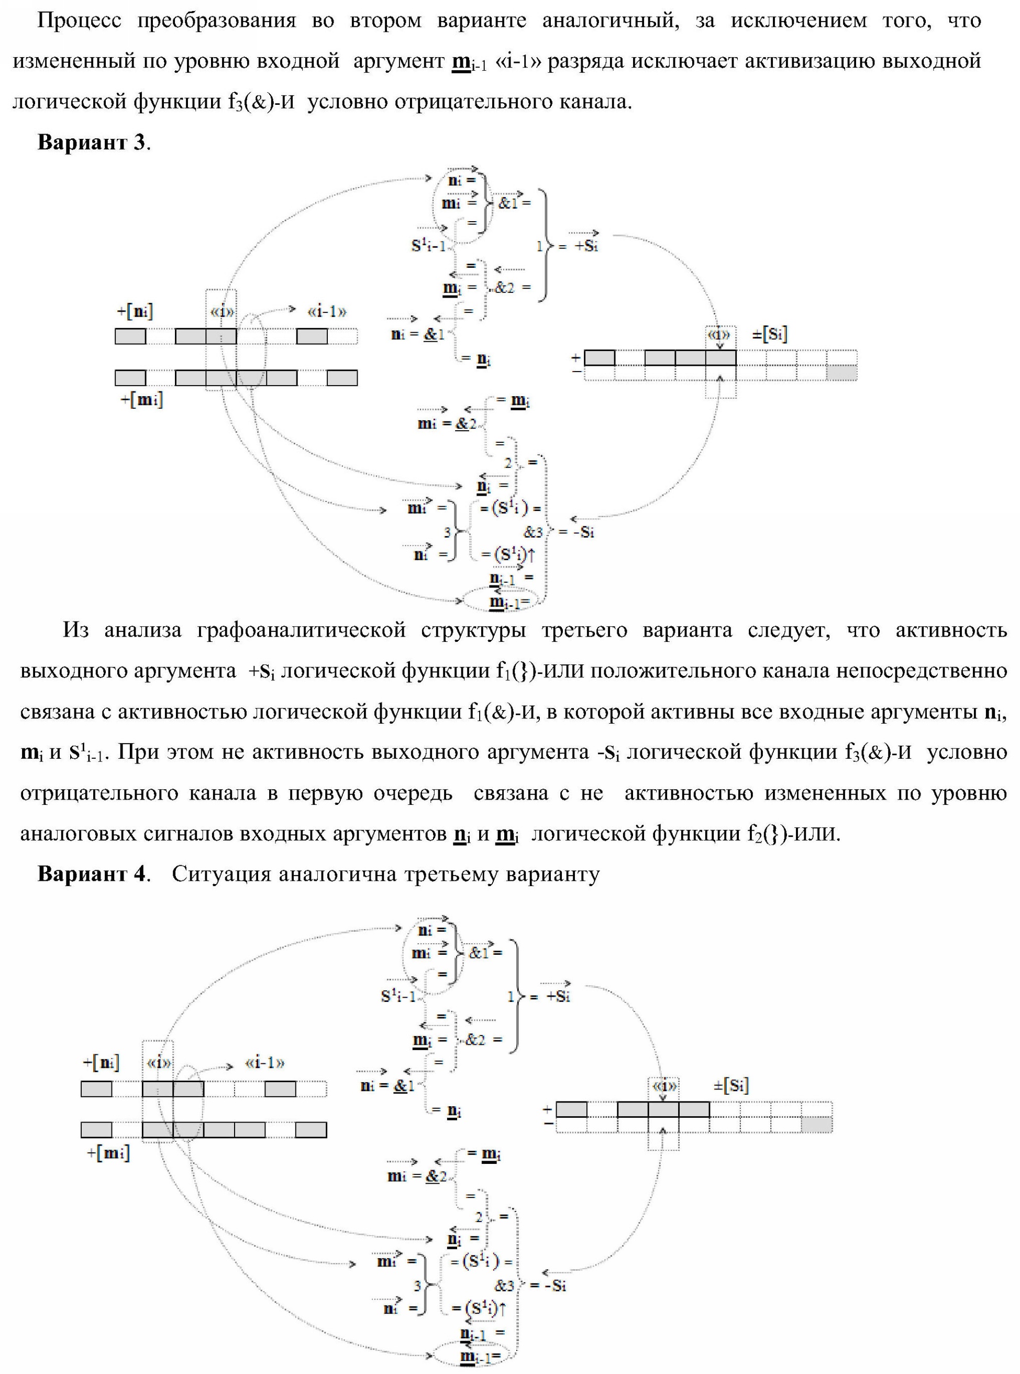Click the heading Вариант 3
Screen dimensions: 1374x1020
click(93, 142)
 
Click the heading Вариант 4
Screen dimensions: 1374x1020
click(93, 874)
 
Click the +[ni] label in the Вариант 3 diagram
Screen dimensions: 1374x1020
click(135, 311)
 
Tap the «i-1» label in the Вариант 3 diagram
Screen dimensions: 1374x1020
click(327, 311)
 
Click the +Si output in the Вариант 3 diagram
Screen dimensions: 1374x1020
click(586, 245)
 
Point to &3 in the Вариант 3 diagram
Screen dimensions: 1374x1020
click(534, 532)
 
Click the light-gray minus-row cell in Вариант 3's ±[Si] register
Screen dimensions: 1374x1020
click(841, 373)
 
